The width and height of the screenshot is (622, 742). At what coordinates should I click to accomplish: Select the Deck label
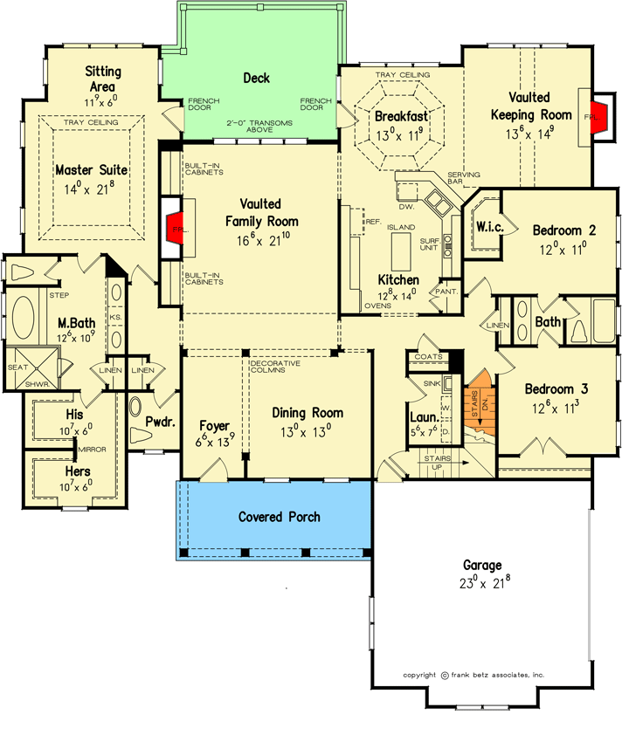[x=256, y=79]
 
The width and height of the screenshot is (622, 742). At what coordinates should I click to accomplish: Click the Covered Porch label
[x=280, y=518]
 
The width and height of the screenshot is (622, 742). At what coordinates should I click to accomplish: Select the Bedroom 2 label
[x=564, y=230]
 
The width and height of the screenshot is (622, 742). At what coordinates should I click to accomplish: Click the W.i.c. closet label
[x=487, y=227]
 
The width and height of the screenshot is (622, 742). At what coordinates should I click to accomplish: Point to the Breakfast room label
[x=401, y=117]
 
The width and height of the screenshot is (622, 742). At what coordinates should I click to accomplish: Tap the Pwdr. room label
[x=162, y=422]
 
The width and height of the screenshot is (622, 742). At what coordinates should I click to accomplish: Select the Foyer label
[x=212, y=427]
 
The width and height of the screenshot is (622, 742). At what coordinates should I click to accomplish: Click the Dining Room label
[x=307, y=413]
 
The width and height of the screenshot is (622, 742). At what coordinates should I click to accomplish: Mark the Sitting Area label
[x=103, y=79]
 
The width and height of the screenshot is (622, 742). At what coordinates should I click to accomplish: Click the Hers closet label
[x=78, y=471]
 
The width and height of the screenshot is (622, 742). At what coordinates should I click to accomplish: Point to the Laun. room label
[x=423, y=418]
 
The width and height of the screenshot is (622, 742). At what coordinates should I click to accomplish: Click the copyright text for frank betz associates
[x=474, y=675]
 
